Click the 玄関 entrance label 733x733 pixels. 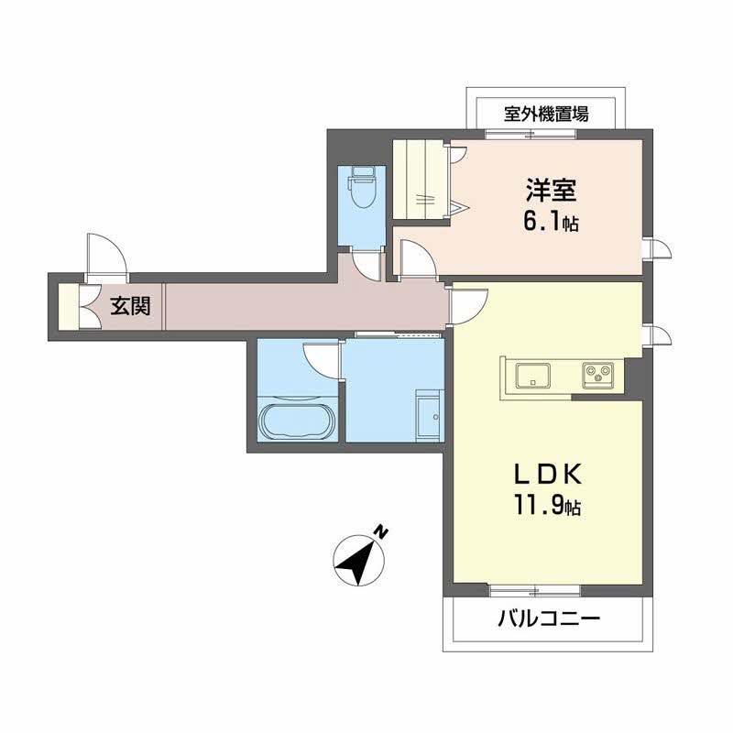tap(130, 307)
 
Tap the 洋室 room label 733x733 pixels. tap(552, 190)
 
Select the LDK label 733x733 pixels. tap(548, 474)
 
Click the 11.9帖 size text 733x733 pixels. tap(548, 506)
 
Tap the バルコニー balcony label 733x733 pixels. tap(548, 619)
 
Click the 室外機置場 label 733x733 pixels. tap(546, 114)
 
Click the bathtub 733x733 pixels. tap(297, 421)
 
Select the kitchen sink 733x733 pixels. tap(533, 375)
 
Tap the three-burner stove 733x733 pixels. tap(597, 375)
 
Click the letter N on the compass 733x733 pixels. tap(383, 532)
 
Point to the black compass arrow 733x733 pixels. tap(356, 562)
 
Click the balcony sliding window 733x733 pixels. tap(535, 591)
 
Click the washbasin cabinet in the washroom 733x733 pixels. tap(429, 417)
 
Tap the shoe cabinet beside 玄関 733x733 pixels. tap(69, 307)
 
